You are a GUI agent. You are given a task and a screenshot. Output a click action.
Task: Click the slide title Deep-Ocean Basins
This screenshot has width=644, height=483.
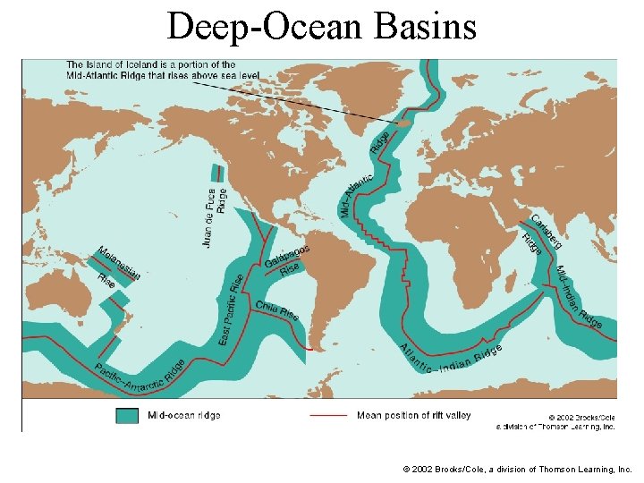(x=322, y=27)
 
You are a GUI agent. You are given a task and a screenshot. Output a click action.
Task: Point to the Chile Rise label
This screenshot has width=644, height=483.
(x=276, y=309)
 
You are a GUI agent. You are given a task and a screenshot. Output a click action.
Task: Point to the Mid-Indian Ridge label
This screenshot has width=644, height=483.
(x=579, y=297)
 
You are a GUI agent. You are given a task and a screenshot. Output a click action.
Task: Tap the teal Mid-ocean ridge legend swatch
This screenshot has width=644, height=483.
(x=127, y=416)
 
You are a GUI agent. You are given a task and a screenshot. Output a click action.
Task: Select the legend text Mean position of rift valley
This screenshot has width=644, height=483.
(x=413, y=416)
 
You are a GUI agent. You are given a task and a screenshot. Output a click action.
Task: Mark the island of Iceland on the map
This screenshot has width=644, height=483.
(x=404, y=123)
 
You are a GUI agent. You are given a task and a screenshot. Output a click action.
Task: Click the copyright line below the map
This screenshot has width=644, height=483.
(x=517, y=469)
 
